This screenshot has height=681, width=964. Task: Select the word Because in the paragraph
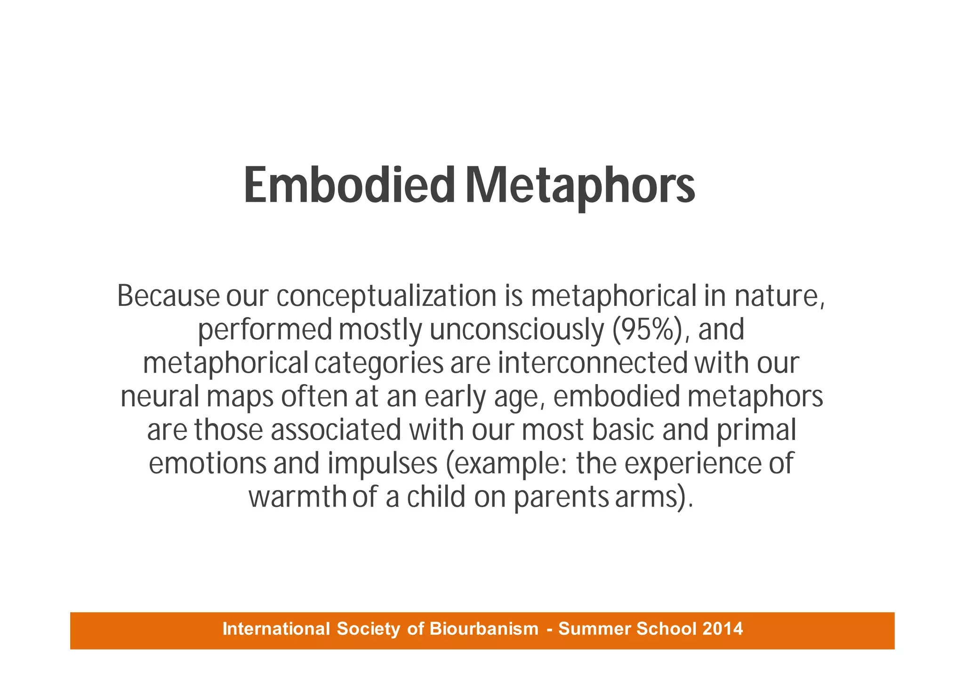[168, 296]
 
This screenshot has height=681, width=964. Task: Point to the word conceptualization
[386, 297]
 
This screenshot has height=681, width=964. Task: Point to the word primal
[756, 431]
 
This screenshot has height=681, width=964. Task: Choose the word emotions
[208, 464]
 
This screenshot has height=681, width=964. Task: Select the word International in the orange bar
[276, 629]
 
